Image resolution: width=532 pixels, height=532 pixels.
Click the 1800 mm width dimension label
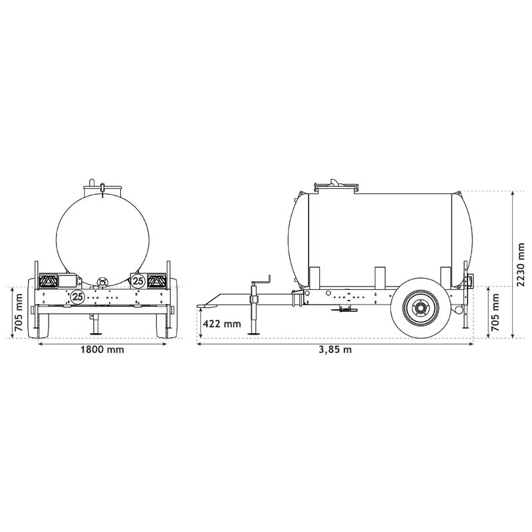tap(101, 350)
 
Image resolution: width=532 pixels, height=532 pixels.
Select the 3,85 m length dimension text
tap(335, 350)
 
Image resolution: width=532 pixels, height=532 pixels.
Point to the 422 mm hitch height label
tap(221, 324)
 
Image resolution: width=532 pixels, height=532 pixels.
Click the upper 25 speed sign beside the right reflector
tap(138, 281)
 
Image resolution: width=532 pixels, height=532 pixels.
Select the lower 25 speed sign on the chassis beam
tap(78, 297)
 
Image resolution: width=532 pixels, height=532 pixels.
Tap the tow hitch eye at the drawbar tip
tap(203, 306)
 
